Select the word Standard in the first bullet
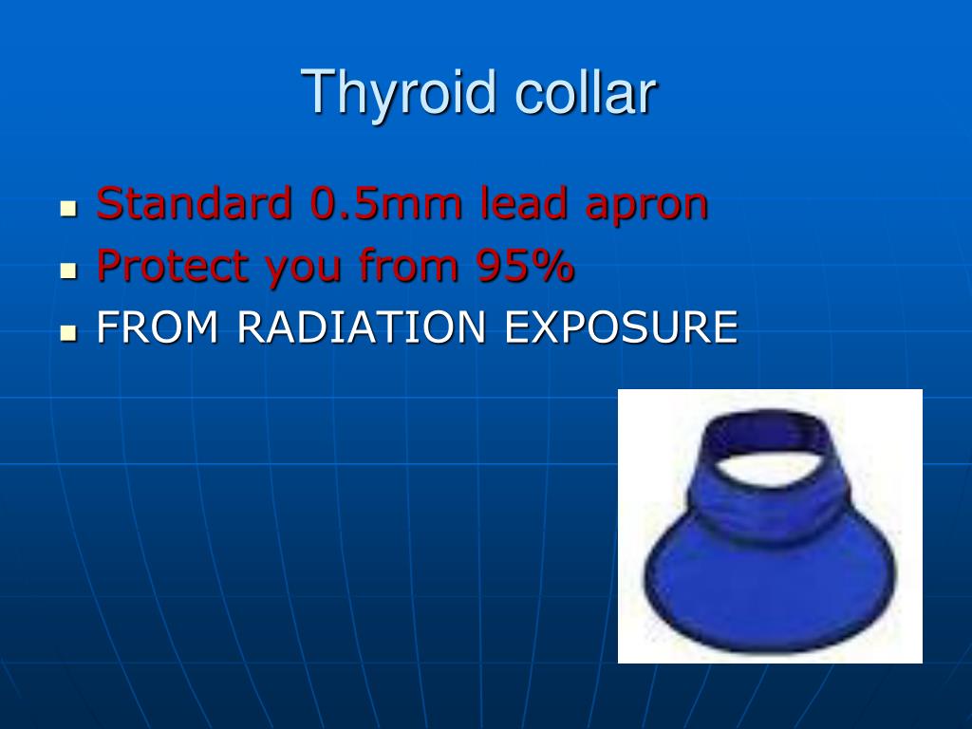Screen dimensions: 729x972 (x=195, y=204)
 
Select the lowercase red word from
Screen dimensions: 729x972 (x=404, y=267)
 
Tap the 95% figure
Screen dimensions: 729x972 (x=519, y=267)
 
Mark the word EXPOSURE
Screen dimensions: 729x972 (x=621, y=328)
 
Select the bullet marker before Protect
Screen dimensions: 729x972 (x=67, y=271)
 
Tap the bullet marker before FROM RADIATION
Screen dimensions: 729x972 (x=67, y=332)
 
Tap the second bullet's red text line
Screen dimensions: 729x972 (x=335, y=267)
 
